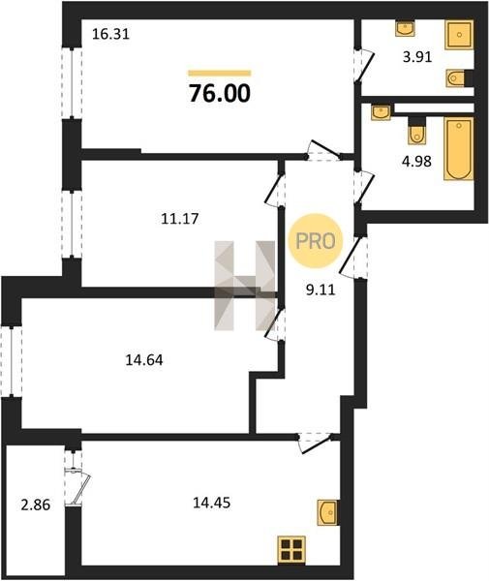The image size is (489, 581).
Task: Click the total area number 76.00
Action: click(x=220, y=93)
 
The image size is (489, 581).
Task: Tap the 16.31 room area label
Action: click(x=110, y=35)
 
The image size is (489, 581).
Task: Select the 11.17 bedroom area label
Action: click(x=180, y=219)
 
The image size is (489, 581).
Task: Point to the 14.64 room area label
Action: click(x=144, y=360)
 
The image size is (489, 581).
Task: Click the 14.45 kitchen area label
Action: click(x=212, y=503)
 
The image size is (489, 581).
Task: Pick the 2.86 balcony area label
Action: click(x=36, y=505)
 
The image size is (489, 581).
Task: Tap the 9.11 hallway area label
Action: click(x=321, y=290)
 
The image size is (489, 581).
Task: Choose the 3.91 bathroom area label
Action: click(x=417, y=57)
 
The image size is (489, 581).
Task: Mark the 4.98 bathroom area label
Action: click(x=417, y=162)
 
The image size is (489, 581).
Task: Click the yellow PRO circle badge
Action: click(x=316, y=241)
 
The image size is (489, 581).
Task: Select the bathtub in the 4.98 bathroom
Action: click(x=459, y=149)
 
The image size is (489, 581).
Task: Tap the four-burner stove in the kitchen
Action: click(x=291, y=550)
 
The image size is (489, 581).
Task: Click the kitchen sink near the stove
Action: click(x=327, y=512)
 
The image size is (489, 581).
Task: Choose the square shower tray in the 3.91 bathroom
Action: click(x=459, y=35)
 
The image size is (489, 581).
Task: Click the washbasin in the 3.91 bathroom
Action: click(x=405, y=28)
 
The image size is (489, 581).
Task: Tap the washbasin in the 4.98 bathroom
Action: click(x=382, y=111)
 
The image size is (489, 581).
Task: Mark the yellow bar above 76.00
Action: click(x=220, y=73)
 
